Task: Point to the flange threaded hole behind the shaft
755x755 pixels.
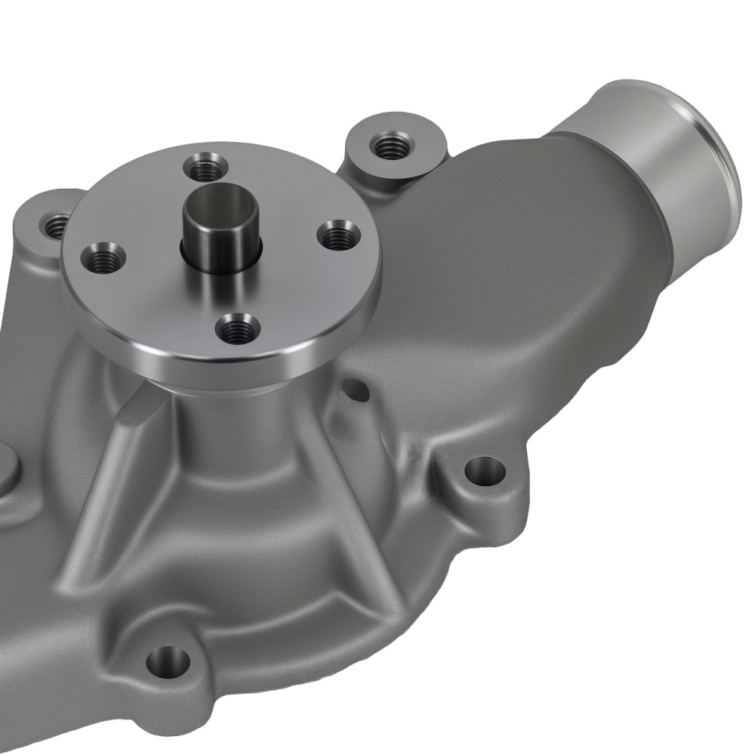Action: pyautogui.click(x=207, y=166)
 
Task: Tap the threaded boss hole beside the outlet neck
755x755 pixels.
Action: pyautogui.click(x=391, y=143)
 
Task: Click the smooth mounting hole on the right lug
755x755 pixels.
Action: pyautogui.click(x=484, y=472)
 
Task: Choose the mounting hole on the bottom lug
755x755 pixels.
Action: pyautogui.click(x=168, y=661)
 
